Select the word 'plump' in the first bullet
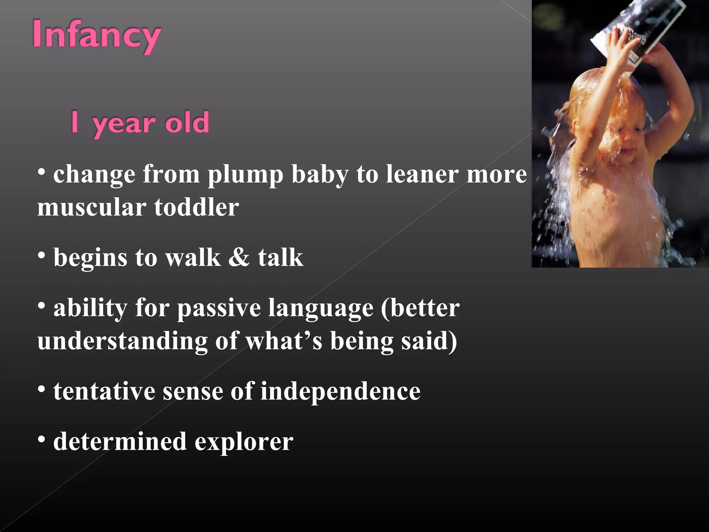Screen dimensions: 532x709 [245, 175]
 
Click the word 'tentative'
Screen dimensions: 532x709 [104, 391]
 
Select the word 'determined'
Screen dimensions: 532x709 [120, 442]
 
